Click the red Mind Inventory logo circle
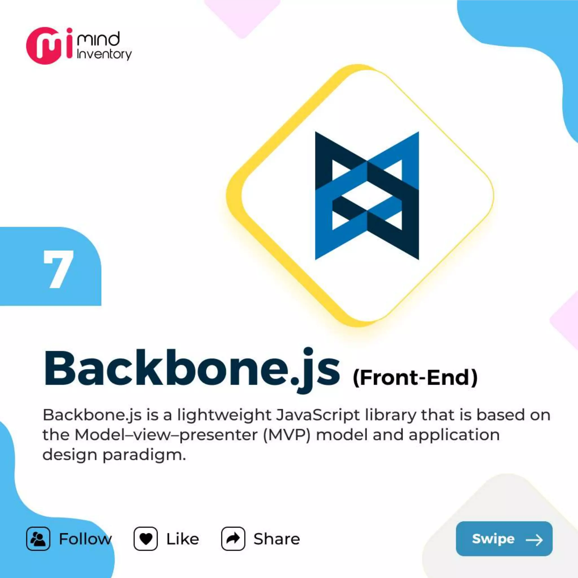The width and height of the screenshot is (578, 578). [x=45, y=46]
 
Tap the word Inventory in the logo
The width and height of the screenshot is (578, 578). [x=104, y=54]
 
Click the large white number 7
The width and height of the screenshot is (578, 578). [x=58, y=269]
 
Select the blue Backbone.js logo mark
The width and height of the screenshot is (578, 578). [x=367, y=196]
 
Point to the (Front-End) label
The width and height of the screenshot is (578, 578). [x=415, y=378]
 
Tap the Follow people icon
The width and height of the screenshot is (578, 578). [x=38, y=539]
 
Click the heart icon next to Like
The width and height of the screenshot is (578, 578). [x=145, y=539]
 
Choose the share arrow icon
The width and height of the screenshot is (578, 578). [x=233, y=539]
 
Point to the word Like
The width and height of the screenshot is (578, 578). [x=183, y=539]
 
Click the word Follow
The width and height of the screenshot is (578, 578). [x=85, y=539]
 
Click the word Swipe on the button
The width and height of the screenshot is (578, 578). [x=493, y=539]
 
